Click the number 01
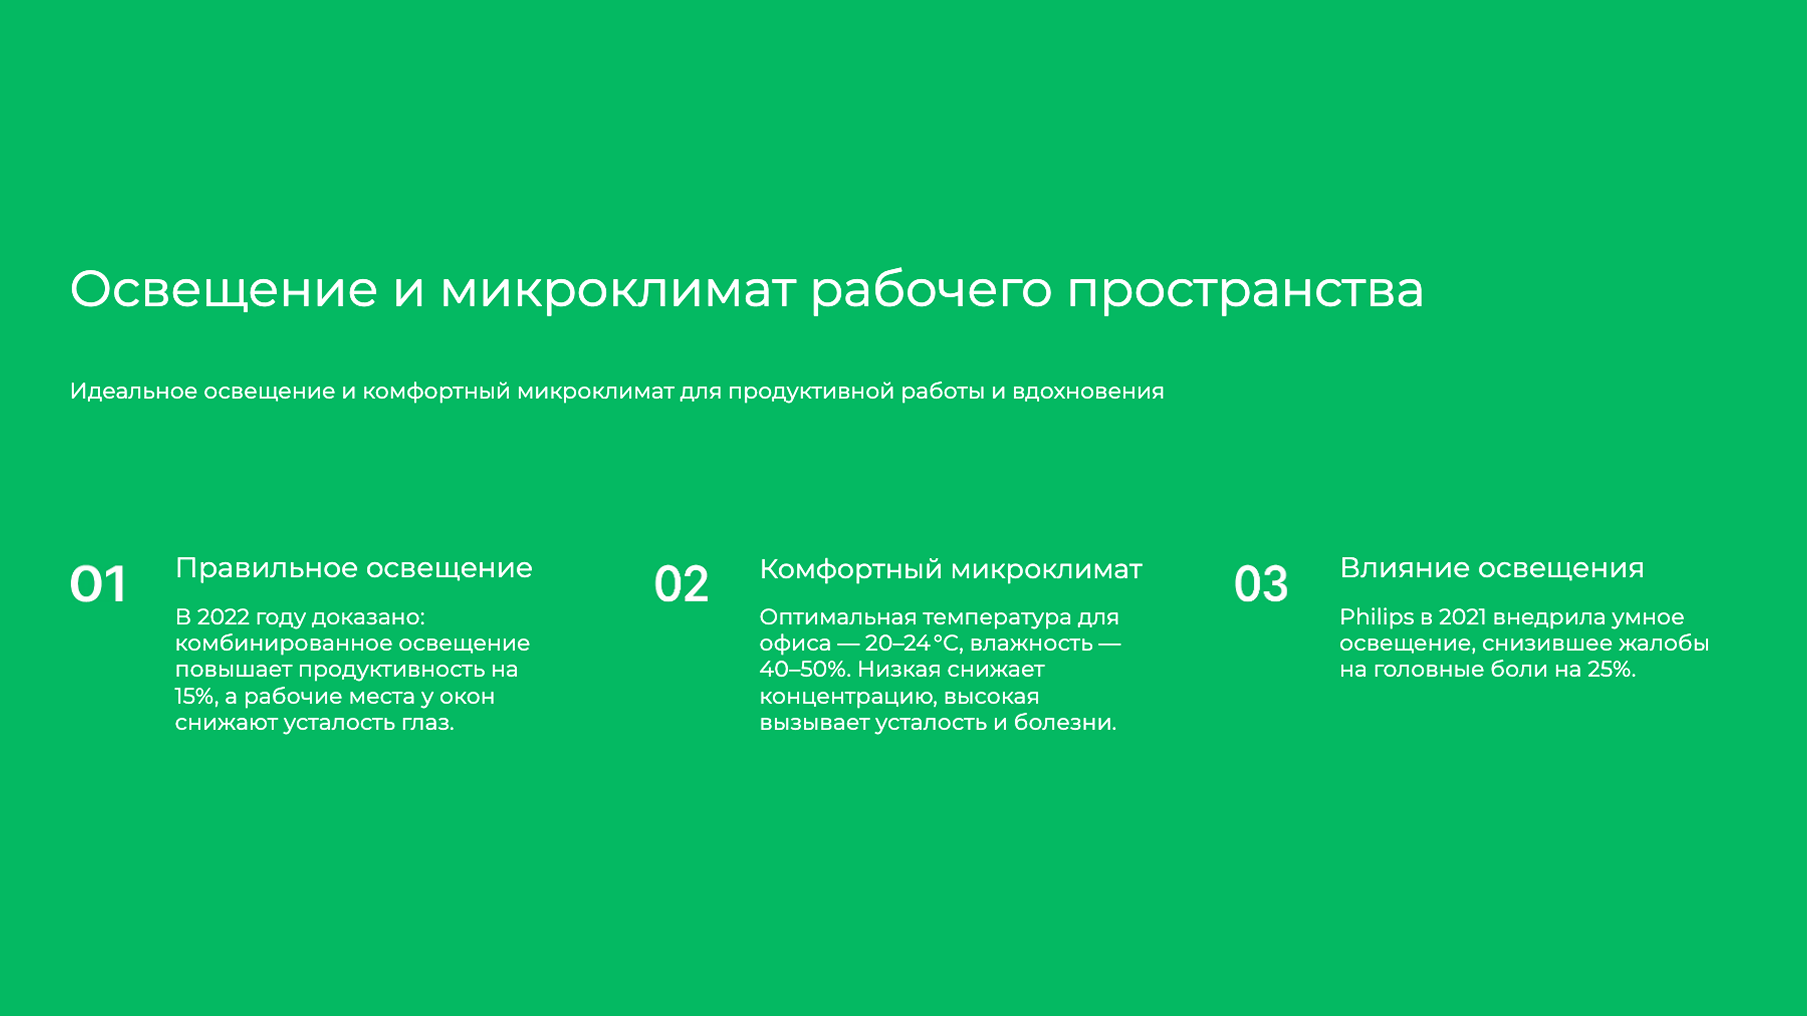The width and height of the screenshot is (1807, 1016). click(98, 584)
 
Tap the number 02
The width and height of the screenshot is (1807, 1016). click(681, 584)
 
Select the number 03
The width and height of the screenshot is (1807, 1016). click(1261, 584)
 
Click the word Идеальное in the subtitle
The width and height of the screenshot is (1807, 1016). click(133, 391)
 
